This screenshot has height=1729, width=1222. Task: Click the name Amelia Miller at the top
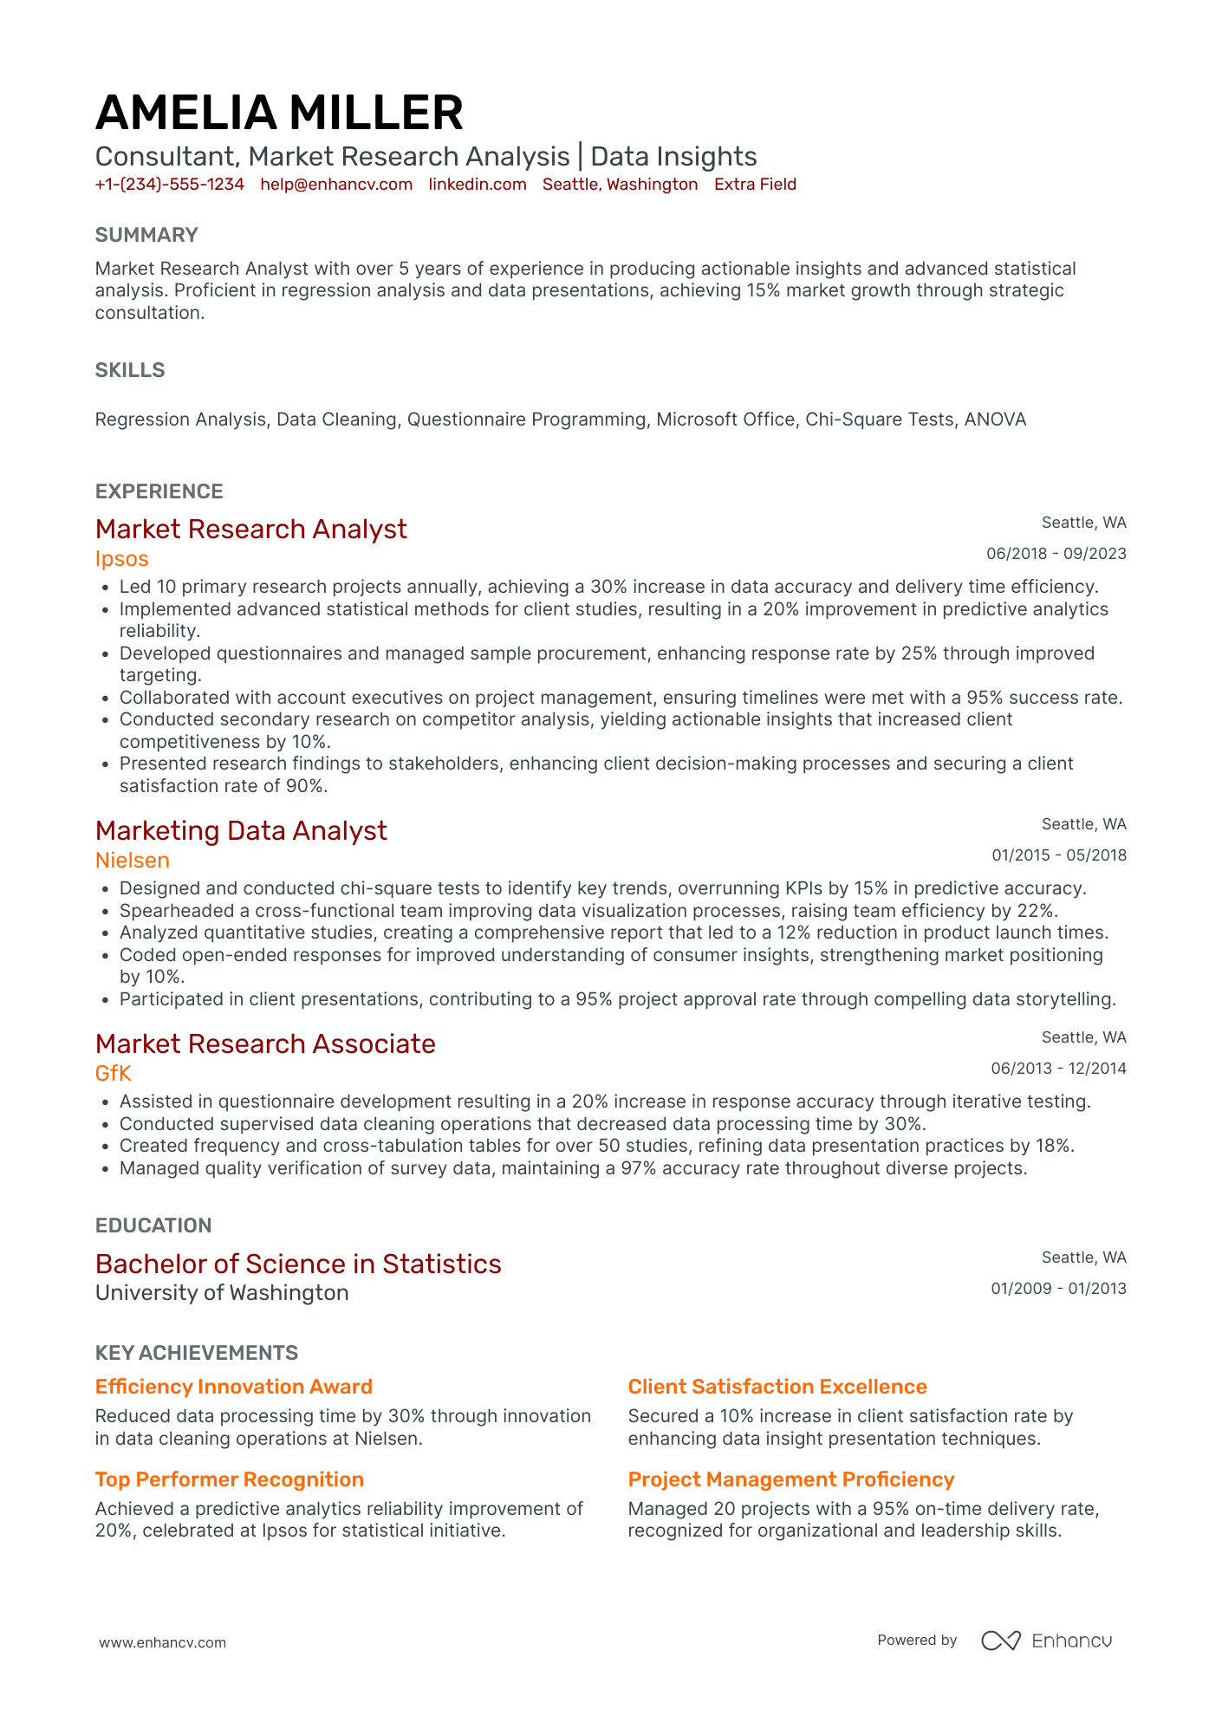pyautogui.click(x=279, y=113)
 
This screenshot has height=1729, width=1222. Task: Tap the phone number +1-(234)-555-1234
pyautogui.click(x=169, y=185)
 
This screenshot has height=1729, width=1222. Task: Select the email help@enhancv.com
pyautogui.click(x=336, y=185)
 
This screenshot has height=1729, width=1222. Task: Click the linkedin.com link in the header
pyautogui.click(x=478, y=185)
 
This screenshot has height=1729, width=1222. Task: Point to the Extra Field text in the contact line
pyautogui.click(x=755, y=185)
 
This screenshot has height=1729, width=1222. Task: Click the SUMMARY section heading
pyautogui.click(x=146, y=235)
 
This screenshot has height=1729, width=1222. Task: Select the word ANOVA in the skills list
pyautogui.click(x=995, y=419)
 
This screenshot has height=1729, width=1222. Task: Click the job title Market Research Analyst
pyautogui.click(x=250, y=529)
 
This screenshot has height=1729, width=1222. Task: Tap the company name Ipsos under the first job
pyautogui.click(x=121, y=559)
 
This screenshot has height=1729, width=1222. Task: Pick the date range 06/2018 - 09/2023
pyautogui.click(x=1056, y=554)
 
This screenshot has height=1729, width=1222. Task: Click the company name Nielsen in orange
pyautogui.click(x=132, y=861)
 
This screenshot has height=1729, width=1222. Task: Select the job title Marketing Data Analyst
pyautogui.click(x=241, y=830)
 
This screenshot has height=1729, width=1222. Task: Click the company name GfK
pyautogui.click(x=113, y=1074)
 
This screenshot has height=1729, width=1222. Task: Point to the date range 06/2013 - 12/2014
pyautogui.click(x=1058, y=1069)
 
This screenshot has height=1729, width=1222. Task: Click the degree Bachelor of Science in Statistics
pyautogui.click(x=298, y=1264)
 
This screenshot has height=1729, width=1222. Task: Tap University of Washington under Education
pyautogui.click(x=222, y=1293)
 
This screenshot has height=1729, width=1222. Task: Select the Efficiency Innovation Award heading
pyautogui.click(x=233, y=1387)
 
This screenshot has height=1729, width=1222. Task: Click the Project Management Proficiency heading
pyautogui.click(x=790, y=1479)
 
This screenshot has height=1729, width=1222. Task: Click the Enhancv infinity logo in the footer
pyautogui.click(x=1000, y=1641)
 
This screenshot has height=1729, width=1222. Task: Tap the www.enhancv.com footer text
pyautogui.click(x=162, y=1642)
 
